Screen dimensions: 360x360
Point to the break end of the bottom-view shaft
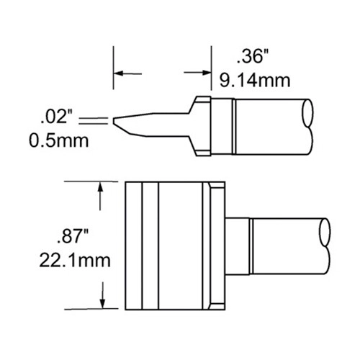coord(325,243)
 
